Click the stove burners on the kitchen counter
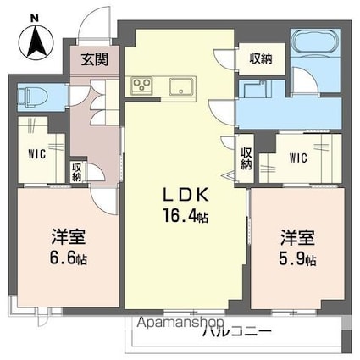(x=141, y=86)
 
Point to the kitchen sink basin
(x=180, y=86)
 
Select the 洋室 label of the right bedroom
(x=296, y=237)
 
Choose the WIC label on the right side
(x=298, y=158)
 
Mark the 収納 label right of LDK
(x=246, y=159)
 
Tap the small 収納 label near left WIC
(x=77, y=170)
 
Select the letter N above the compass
(x=32, y=18)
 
